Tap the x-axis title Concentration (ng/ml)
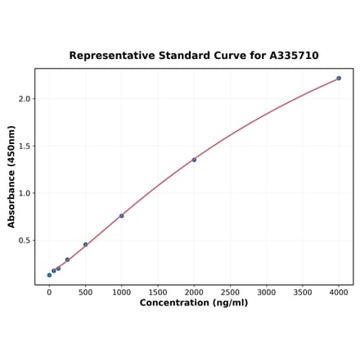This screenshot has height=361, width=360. [194, 303]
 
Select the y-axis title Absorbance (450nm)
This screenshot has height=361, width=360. [11, 177]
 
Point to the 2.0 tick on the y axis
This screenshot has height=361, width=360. [24, 99]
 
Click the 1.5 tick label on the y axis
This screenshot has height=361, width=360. [24, 147]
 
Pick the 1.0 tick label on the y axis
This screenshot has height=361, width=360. [24, 194]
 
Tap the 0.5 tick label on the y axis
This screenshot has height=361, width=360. [24, 241]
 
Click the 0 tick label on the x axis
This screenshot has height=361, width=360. [49, 291]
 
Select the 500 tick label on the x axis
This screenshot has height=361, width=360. [85, 291]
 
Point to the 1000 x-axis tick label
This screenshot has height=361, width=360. [121, 291]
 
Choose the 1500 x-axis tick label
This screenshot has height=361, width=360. [158, 291]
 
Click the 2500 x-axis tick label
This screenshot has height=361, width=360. [230, 291]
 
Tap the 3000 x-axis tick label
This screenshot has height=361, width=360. [266, 291]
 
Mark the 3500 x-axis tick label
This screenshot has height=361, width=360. [303, 291]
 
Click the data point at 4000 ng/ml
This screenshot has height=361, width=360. [339, 79]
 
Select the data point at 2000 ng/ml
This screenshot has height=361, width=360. [194, 160]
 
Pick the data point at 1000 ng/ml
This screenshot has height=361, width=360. [122, 216]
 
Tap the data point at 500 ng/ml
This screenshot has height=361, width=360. [85, 244]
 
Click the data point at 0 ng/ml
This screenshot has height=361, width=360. [49, 275]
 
